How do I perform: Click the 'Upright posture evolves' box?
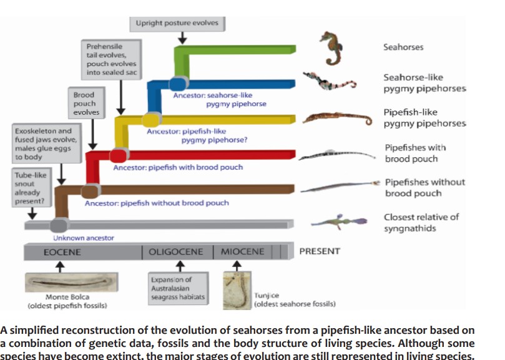coord(177,23)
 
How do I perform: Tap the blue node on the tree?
coord(177,84)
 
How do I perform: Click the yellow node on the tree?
coord(150,120)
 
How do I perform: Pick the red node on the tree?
coord(118,155)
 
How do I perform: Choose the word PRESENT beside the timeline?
coord(320,251)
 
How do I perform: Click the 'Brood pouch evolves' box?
coord(86,104)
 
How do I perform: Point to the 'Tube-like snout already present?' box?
coord(31,188)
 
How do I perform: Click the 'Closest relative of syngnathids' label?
coord(421,223)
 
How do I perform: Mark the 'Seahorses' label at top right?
coord(403,47)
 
